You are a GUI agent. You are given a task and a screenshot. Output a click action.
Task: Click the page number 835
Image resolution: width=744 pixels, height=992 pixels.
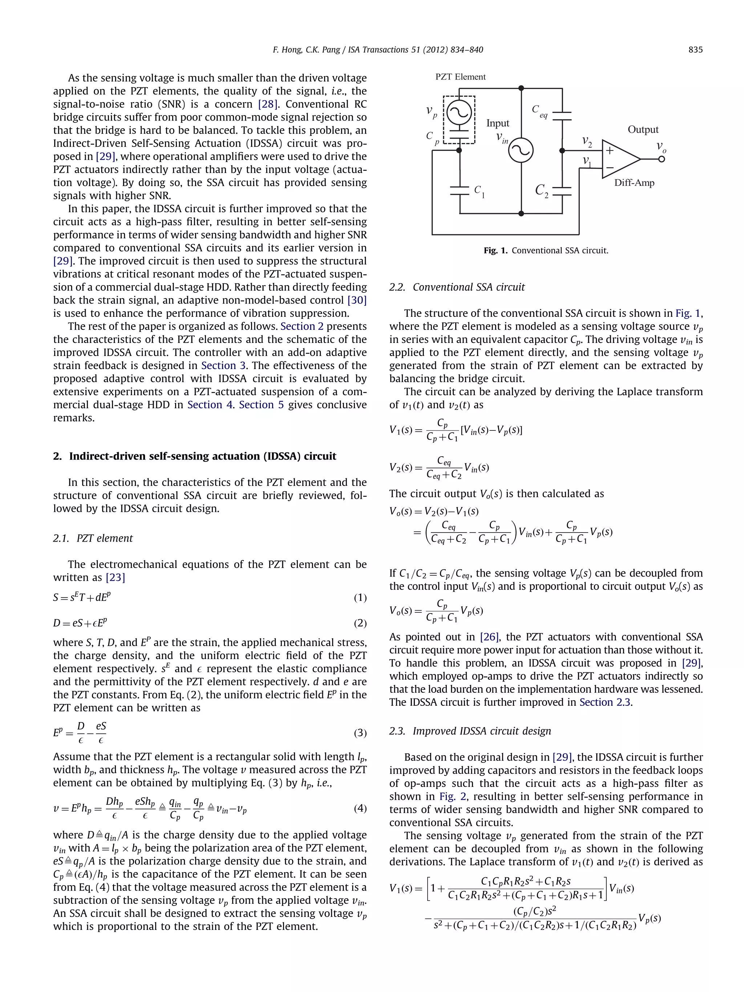695,50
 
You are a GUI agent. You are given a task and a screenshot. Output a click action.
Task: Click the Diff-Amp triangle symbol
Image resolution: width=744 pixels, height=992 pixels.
620,159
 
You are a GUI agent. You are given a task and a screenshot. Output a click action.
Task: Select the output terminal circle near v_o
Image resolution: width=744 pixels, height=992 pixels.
662,159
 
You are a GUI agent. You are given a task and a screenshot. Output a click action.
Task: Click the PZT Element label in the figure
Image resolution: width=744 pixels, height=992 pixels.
461,77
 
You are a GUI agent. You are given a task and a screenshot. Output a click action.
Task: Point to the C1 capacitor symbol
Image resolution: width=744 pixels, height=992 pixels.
460,190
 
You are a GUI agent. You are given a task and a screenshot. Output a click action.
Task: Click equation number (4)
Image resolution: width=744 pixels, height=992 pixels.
360,808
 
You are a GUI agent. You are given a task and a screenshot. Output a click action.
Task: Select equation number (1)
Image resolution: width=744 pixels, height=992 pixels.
360,598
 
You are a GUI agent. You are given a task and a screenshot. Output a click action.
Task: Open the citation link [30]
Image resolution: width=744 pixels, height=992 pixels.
357,300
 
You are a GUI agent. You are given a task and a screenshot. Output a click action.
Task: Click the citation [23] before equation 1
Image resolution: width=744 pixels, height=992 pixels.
115,578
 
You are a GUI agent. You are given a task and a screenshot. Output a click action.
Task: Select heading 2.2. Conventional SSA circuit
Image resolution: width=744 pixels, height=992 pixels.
457,287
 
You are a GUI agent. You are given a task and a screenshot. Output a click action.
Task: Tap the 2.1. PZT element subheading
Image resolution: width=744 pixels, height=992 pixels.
93,538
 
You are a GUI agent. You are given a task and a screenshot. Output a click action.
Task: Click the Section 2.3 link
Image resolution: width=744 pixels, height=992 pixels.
605,702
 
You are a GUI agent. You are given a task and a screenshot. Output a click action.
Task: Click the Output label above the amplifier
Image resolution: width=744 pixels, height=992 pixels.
643,130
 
